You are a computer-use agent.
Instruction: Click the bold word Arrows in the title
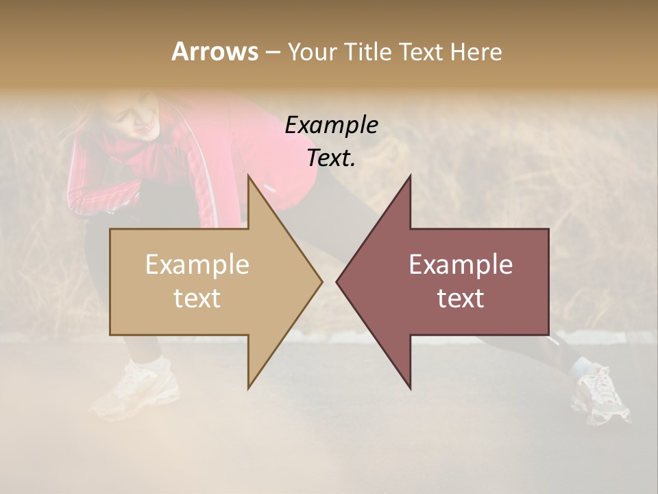215,51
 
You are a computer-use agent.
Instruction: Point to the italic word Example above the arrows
331,125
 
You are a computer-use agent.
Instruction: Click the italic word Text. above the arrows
331,158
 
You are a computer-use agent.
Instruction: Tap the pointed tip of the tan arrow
320,281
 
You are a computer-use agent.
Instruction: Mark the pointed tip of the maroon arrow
339,281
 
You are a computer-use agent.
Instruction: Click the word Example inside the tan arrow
197,265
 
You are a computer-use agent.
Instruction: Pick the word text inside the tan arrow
197,298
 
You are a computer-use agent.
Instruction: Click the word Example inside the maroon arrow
461,265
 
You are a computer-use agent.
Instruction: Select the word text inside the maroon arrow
461,298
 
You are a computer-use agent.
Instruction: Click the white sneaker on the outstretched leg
600,395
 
